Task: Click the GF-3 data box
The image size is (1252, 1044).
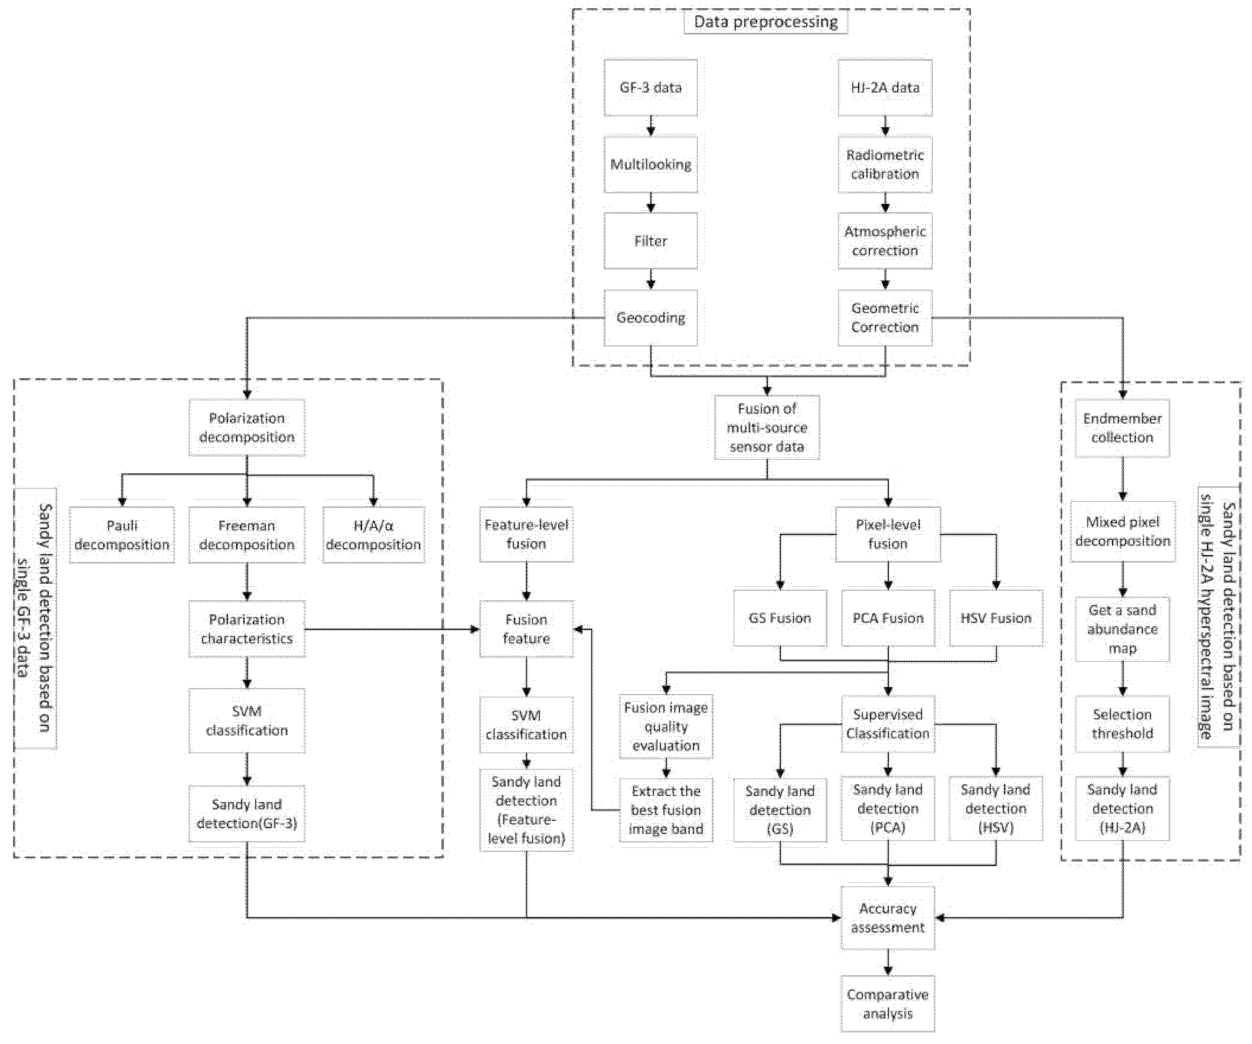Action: (651, 87)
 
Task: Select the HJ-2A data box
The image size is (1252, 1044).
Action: (885, 87)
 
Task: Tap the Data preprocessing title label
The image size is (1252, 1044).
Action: (765, 23)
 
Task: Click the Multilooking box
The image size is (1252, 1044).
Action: (651, 164)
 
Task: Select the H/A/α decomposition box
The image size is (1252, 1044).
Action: (373, 535)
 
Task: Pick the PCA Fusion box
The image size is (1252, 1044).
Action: (888, 618)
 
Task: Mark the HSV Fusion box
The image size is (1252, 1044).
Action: (996, 618)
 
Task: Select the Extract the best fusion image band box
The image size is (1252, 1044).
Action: (666, 810)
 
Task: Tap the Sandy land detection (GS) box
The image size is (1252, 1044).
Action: (780, 810)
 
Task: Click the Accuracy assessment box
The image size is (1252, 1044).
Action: (888, 918)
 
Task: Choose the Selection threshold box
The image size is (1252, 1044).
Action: (1122, 723)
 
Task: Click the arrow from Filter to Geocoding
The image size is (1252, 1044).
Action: (651, 279)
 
